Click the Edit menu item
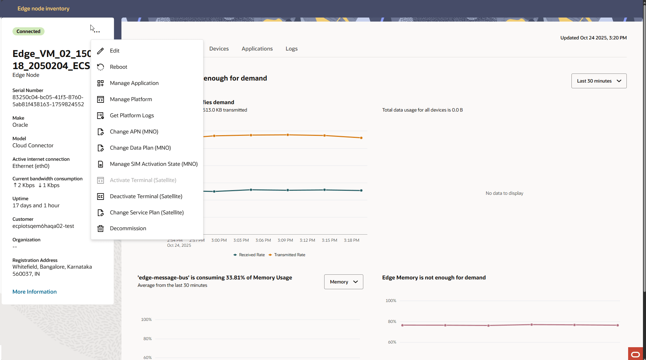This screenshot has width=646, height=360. (115, 51)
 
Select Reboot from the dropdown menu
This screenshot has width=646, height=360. (118, 67)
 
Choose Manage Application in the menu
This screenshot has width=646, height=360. (134, 83)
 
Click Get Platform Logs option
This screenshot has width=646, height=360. (132, 115)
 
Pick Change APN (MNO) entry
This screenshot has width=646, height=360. (134, 131)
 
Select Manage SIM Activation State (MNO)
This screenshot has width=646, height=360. (153, 164)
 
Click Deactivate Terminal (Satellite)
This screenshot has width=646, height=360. (146, 196)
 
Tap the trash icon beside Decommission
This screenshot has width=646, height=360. (101, 229)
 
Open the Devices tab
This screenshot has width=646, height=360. (219, 49)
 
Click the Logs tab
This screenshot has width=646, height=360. (291, 49)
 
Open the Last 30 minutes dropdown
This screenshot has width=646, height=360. (598, 81)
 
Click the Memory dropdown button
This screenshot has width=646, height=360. (343, 282)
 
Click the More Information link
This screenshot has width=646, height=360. (34, 292)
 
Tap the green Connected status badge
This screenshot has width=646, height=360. (28, 31)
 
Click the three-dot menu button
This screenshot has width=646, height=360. (97, 32)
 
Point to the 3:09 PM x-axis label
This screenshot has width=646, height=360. (285, 240)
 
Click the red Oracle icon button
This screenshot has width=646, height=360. (635, 354)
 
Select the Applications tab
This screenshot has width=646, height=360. (257, 49)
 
